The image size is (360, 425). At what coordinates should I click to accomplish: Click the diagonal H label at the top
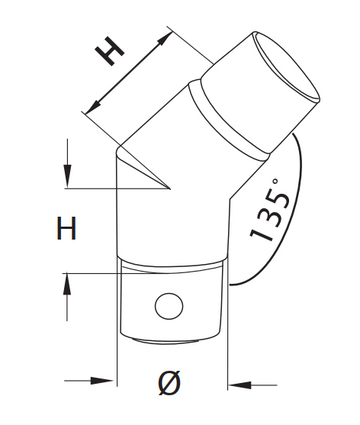click(x=109, y=50)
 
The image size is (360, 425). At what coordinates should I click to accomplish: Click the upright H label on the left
click(x=67, y=228)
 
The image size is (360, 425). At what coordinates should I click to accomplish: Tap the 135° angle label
click(x=270, y=210)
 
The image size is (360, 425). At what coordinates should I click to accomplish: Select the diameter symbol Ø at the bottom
click(x=170, y=383)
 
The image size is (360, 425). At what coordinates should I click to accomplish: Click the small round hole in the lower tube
click(x=169, y=306)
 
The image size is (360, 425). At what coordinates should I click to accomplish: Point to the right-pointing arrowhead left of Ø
click(x=102, y=380)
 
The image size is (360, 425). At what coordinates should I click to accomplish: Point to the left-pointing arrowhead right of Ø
click(x=241, y=385)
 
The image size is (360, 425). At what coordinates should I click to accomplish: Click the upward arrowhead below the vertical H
click(x=67, y=284)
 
